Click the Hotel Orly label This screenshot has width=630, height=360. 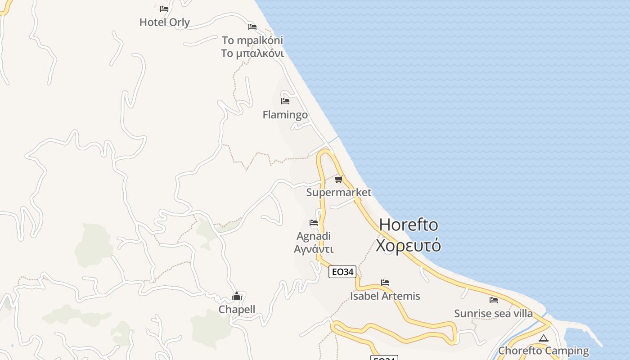tap(165, 22)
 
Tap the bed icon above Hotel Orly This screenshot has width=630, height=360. tap(164, 9)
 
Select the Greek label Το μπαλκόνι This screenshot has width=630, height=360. tap(252, 54)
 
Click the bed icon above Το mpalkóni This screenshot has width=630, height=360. tap(252, 27)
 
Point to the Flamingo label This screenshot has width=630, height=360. tap(285, 115)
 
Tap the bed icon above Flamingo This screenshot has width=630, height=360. tap(285, 101)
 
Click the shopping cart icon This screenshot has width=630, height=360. tap(339, 179)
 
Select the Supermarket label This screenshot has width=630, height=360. tap(339, 193)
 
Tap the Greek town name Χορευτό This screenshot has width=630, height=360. tap(409, 246)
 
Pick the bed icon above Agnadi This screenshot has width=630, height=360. tap(314, 223)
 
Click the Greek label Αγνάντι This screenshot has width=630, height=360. tap(314, 249)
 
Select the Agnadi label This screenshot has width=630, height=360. tap(314, 236)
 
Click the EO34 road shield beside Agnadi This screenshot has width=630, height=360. tap(342, 272)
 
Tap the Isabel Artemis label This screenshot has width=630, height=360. tap(385, 296)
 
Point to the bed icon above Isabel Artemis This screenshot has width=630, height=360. tap(385, 283)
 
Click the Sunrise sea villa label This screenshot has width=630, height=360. tap(493, 314)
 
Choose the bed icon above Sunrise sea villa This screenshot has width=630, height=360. tap(494, 300)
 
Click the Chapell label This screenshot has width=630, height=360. tap(237, 310)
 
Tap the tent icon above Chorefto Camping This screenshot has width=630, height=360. tap(544, 338)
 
